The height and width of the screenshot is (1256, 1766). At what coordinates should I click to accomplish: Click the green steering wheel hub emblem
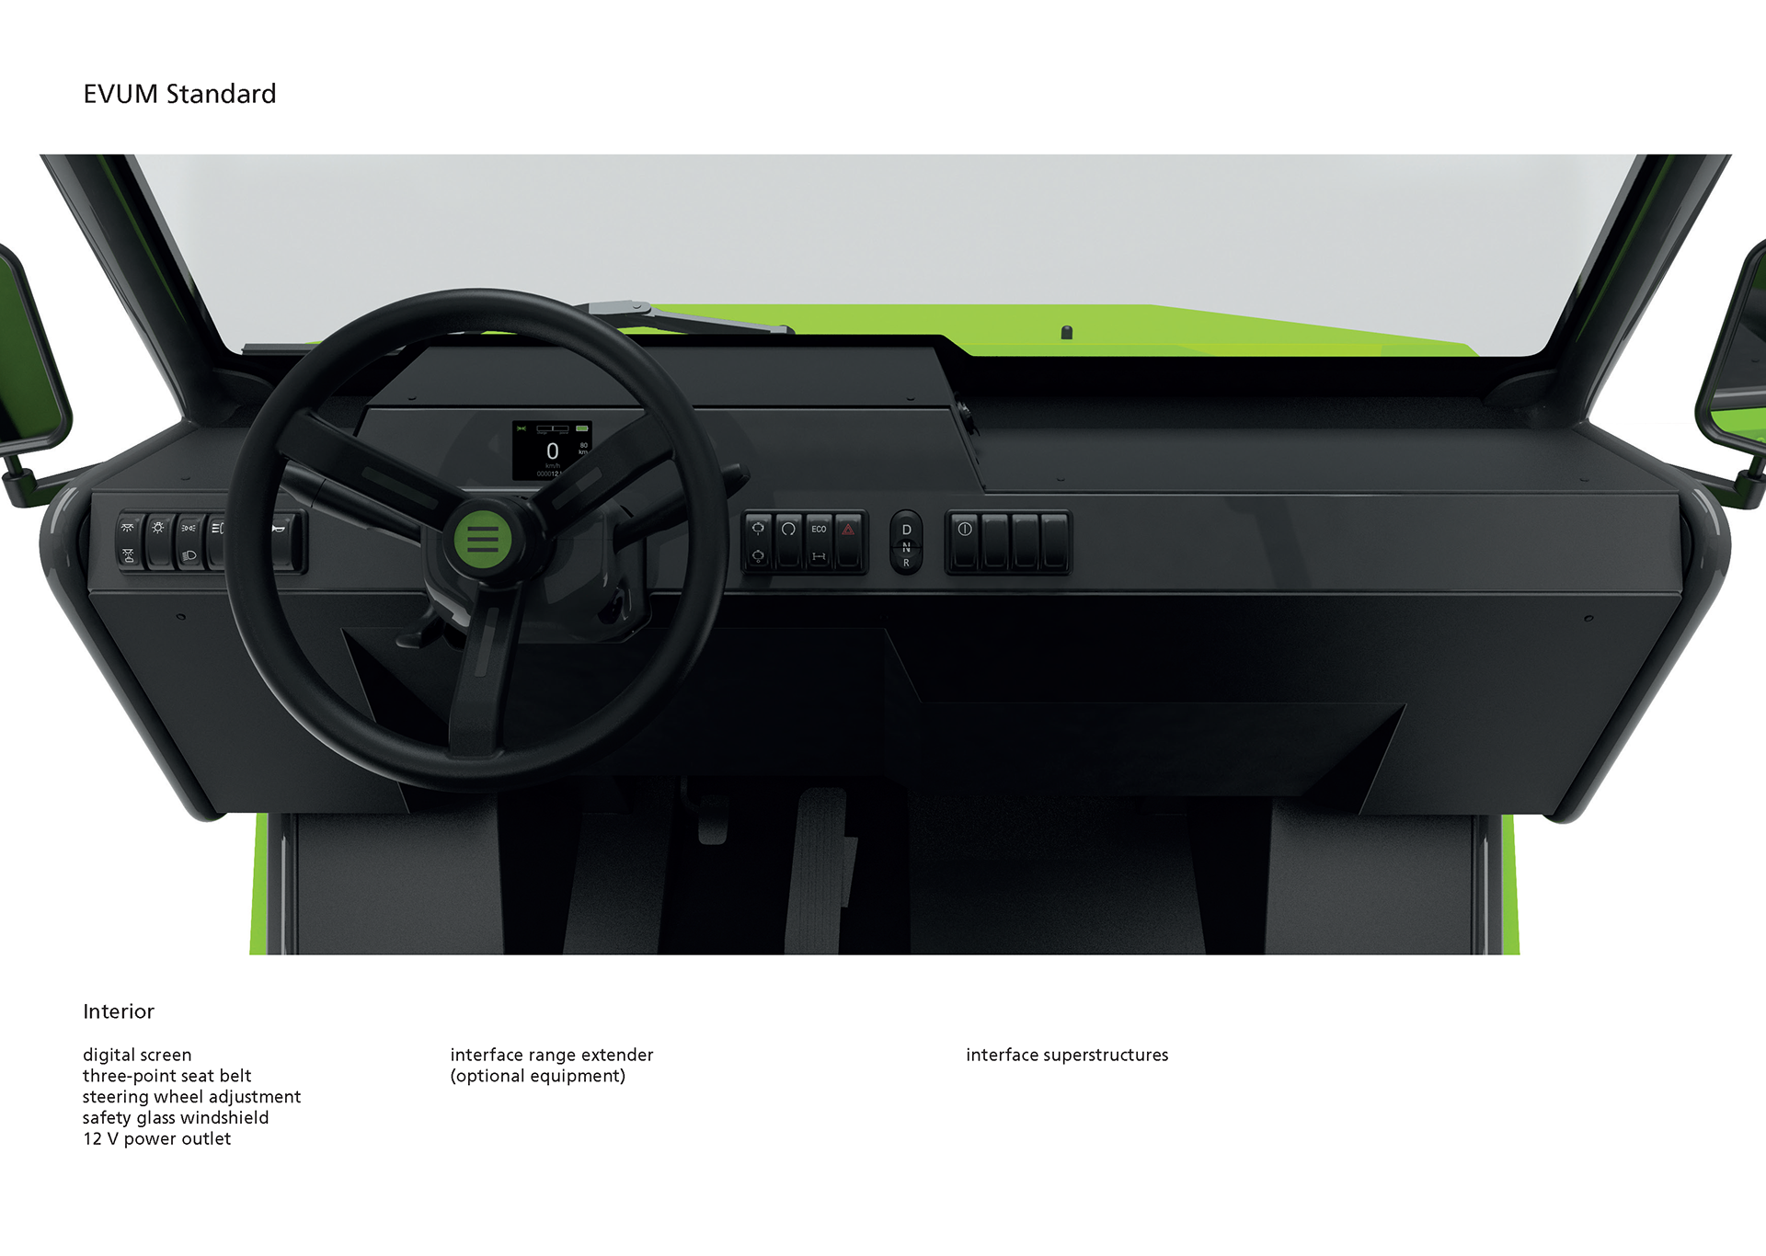click(x=482, y=538)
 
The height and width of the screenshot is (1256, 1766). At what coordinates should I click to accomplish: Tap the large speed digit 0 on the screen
click(x=552, y=451)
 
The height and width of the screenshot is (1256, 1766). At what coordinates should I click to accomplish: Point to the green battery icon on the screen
click(x=582, y=428)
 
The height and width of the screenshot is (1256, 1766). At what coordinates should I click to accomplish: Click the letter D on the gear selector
click(x=906, y=530)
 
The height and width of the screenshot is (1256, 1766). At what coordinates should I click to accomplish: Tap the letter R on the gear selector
click(x=906, y=563)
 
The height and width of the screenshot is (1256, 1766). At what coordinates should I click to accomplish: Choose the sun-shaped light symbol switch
click(x=158, y=529)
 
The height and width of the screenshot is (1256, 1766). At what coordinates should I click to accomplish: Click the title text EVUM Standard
click(x=179, y=94)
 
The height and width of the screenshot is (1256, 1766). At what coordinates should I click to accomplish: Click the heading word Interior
click(x=119, y=1011)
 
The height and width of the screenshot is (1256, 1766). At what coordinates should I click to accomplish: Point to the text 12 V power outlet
click(x=156, y=1139)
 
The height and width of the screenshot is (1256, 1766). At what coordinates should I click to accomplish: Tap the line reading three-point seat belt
click(x=166, y=1076)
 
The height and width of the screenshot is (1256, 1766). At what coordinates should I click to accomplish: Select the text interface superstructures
click(x=1067, y=1055)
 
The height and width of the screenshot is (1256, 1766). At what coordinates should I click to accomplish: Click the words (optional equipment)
click(x=537, y=1076)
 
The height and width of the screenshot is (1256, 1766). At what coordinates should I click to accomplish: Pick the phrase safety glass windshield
click(x=176, y=1118)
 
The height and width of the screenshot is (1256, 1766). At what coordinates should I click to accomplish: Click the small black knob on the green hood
click(x=1067, y=332)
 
